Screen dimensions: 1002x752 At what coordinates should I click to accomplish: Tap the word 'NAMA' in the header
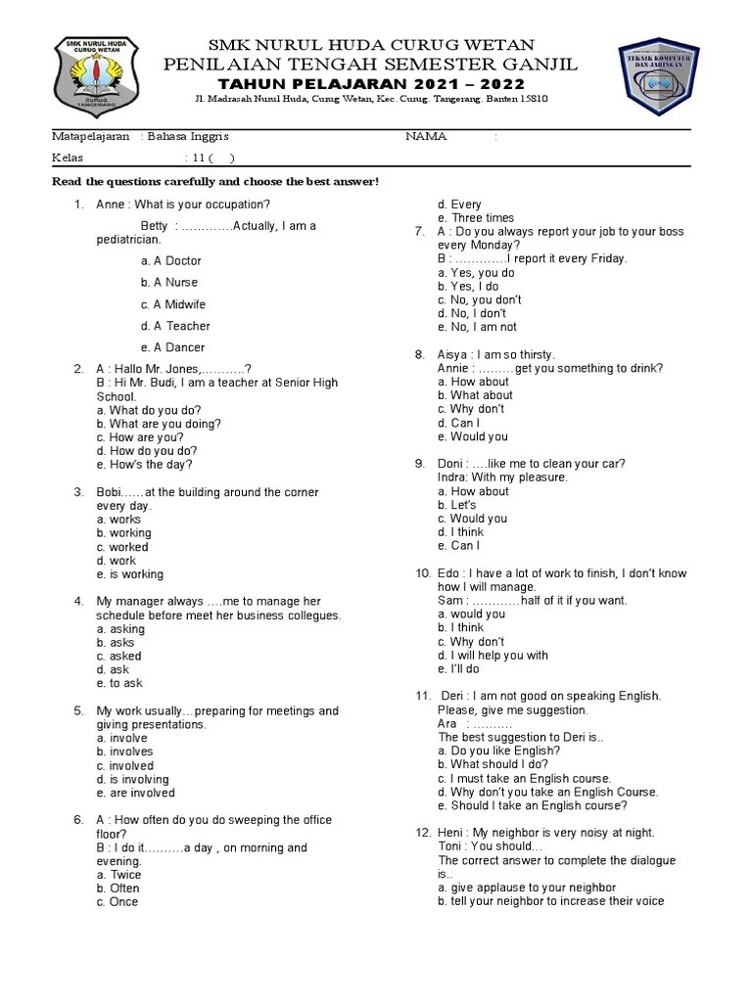[426, 137]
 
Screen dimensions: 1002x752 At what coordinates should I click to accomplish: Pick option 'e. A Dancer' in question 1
[172, 347]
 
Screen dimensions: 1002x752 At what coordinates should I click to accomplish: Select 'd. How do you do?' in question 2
[146, 451]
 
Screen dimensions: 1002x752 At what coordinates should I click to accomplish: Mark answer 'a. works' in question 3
[118, 520]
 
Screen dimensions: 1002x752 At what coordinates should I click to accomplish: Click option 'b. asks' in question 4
[116, 643]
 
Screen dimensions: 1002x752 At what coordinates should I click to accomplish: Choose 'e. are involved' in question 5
[135, 793]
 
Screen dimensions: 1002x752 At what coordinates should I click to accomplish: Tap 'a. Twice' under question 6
[118, 875]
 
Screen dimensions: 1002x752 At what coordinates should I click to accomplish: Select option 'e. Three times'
[475, 218]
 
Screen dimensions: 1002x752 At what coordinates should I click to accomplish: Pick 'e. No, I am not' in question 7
[477, 327]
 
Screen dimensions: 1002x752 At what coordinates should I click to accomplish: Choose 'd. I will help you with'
[493, 656]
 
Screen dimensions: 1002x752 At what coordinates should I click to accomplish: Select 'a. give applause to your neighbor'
[527, 888]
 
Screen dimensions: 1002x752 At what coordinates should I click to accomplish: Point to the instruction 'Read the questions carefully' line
[214, 183]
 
